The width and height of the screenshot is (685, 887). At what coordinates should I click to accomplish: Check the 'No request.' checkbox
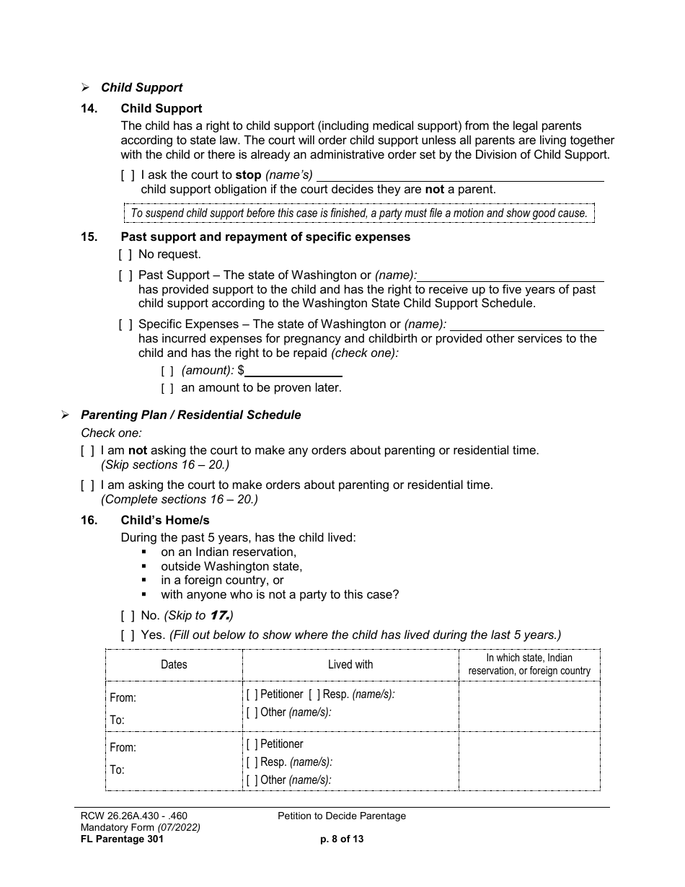[125, 255]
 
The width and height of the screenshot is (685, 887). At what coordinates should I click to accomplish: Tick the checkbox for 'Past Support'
[125, 275]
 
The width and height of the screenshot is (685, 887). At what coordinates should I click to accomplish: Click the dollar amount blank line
[293, 371]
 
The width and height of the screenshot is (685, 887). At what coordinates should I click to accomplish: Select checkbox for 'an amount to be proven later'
[167, 388]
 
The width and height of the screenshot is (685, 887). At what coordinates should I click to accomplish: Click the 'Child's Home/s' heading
[165, 520]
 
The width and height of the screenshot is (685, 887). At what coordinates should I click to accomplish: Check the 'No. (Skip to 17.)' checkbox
[128, 616]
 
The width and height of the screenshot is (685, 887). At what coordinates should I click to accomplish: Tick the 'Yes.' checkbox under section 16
[128, 635]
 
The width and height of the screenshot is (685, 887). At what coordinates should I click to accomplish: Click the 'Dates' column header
[174, 665]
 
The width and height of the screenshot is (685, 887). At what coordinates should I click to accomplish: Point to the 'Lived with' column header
[350, 665]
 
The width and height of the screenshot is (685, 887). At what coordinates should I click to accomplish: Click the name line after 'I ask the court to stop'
[460, 175]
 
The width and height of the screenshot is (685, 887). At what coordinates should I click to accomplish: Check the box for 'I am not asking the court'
[87, 451]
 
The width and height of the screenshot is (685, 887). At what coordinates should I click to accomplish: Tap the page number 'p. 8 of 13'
[342, 839]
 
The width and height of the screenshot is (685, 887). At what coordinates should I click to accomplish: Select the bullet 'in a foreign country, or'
[222, 581]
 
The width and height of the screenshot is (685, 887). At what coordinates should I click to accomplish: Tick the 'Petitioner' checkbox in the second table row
[252, 744]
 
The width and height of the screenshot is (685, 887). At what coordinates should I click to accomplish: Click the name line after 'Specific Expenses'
[526, 325]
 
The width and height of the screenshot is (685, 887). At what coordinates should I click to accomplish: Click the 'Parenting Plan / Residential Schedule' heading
[190, 415]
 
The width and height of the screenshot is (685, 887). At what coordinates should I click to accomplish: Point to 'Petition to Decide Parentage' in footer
[342, 816]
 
